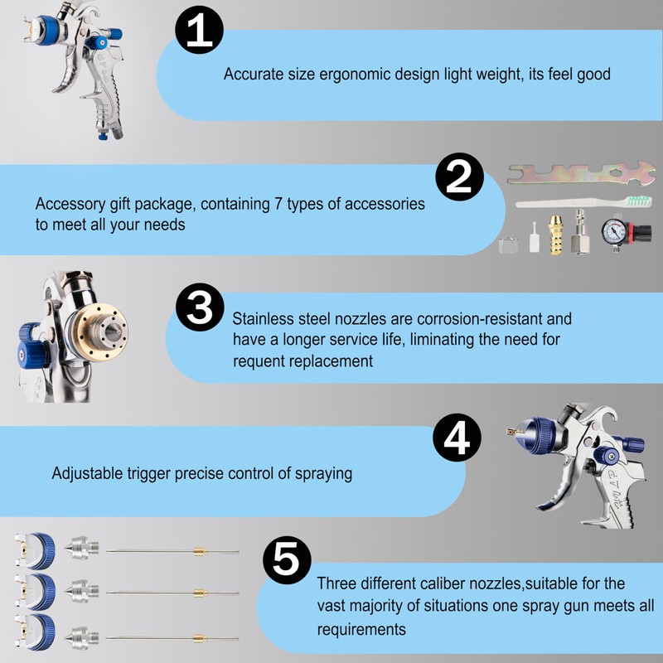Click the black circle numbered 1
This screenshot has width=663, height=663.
point(199,32)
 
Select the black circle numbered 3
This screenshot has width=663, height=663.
point(200,309)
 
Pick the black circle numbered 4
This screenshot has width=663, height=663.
point(457,437)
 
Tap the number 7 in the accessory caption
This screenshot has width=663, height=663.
point(320,204)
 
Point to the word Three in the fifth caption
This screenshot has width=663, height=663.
point(336,583)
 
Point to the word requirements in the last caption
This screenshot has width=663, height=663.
point(361,630)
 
